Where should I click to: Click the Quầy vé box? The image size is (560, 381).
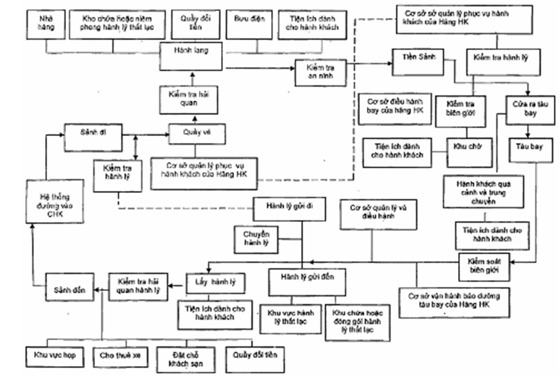[x=193, y=132]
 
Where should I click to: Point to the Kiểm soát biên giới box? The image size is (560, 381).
[x=485, y=265]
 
